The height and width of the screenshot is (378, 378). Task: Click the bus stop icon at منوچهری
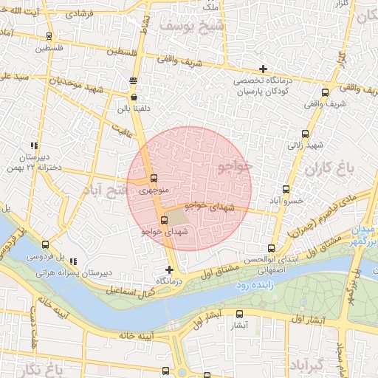(154, 178)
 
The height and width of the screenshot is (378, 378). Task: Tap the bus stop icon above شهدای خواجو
(164, 220)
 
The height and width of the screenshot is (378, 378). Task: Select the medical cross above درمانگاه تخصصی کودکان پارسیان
(263, 69)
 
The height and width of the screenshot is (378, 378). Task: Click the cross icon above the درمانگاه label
(170, 269)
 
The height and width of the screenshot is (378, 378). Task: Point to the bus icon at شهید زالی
(306, 134)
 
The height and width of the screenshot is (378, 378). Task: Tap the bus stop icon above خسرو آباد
(286, 189)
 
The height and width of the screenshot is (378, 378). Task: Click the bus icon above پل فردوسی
(46, 245)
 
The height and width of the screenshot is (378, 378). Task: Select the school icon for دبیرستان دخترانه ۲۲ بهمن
(33, 145)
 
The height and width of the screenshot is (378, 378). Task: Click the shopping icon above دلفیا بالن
(134, 97)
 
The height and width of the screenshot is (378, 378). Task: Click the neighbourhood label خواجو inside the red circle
(236, 166)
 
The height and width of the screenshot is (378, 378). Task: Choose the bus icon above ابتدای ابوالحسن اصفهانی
(271, 248)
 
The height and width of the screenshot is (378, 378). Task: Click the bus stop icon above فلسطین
(49, 36)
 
